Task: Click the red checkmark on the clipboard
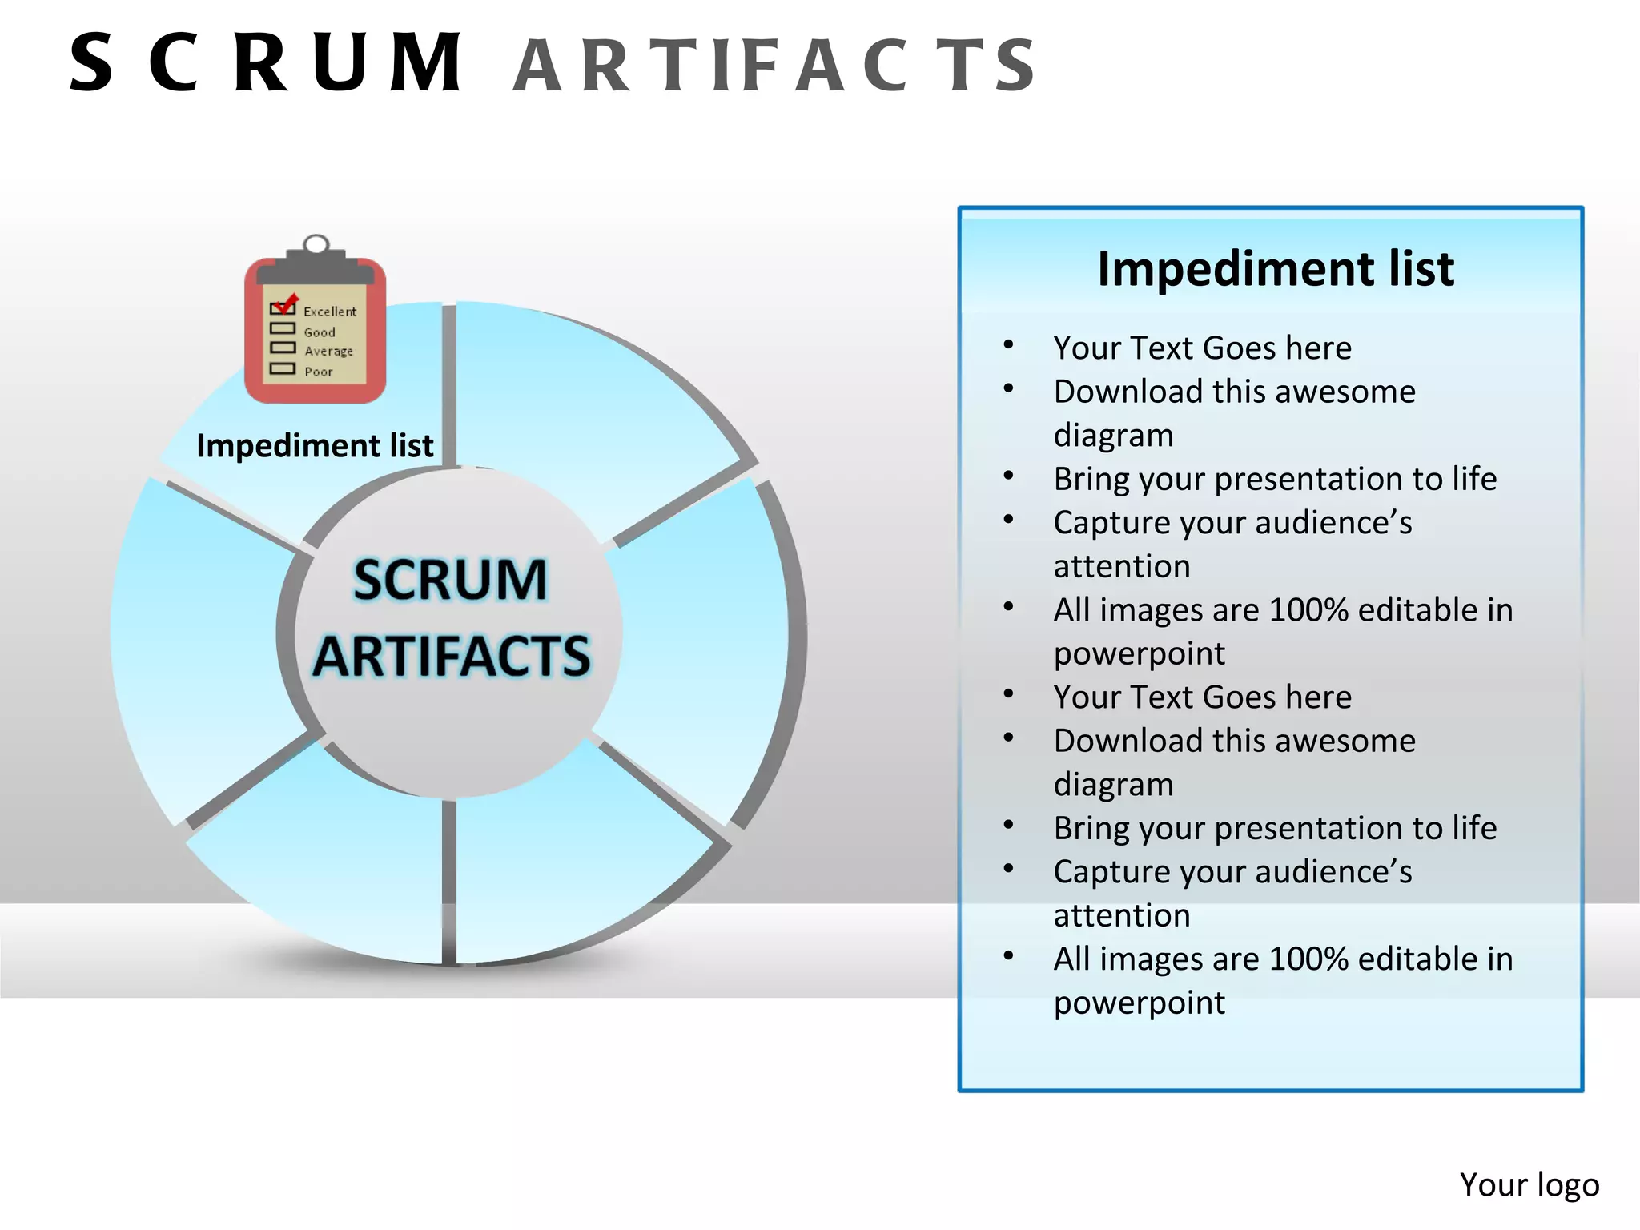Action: click(x=285, y=303)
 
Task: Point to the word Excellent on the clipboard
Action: click(x=330, y=312)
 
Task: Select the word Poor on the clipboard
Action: click(x=319, y=372)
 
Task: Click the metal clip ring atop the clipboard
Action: click(x=316, y=243)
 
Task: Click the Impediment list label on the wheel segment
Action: click(x=315, y=445)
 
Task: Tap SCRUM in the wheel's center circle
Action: click(x=450, y=579)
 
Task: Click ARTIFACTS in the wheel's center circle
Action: click(x=452, y=656)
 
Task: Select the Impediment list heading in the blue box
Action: click(x=1275, y=268)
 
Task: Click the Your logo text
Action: click(x=1529, y=1184)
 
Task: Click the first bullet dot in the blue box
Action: click(x=1008, y=345)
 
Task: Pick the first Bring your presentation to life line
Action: click(x=1275, y=479)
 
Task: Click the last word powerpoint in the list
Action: click(x=1139, y=1003)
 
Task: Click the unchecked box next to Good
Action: click(x=283, y=328)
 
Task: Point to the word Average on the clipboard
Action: click(x=328, y=351)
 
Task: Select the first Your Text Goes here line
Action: click(x=1202, y=348)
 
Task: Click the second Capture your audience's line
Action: click(x=1232, y=872)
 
